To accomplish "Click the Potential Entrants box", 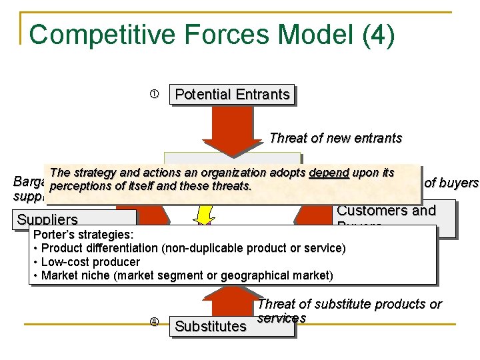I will point(232,95).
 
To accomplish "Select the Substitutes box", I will point(210,326).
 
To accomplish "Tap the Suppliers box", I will point(47,219).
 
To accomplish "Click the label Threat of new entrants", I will point(335,139).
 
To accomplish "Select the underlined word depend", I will point(329,173).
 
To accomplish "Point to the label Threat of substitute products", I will point(349,305).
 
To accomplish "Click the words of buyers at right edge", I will point(452,183).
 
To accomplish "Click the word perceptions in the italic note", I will point(78,186).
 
